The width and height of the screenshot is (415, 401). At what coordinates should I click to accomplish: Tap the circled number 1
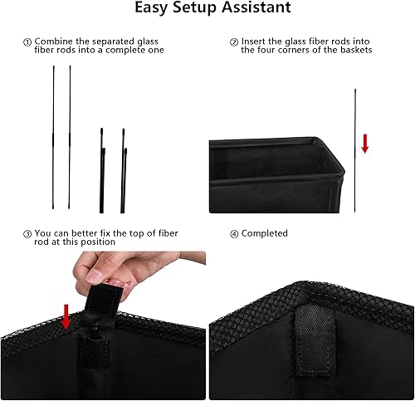pos(27,42)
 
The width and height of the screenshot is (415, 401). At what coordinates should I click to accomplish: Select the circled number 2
pos(234,41)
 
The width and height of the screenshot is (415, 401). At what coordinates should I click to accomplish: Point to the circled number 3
pos(27,234)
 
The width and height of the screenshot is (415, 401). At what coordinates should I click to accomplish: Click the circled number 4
pos(234,234)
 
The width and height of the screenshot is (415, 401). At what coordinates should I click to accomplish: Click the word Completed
pos(265,234)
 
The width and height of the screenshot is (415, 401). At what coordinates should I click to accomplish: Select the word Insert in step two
pos(254,41)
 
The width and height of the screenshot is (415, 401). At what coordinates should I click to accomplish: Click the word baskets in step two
pos(352,50)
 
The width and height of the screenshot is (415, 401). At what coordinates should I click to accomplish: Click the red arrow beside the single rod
pos(365,144)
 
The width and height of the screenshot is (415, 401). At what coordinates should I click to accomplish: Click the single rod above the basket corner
pos(355,149)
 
